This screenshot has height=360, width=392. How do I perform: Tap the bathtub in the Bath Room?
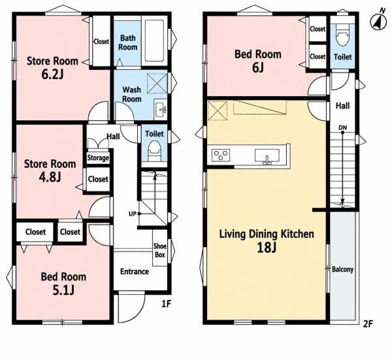(154, 41)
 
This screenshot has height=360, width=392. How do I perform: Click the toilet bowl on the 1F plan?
(154, 151)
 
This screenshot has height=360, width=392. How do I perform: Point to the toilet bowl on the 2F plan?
(343, 35)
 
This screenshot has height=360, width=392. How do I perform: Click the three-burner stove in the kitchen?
(221, 155)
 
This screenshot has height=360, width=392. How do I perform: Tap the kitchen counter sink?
(267, 155)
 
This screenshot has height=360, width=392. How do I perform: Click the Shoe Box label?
(160, 250)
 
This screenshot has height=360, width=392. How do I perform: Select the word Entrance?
(135, 272)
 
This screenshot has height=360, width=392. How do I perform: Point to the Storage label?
(98, 158)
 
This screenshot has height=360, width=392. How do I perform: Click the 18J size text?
(267, 248)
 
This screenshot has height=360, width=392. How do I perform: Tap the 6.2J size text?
(52, 74)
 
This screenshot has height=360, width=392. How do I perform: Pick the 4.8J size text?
(50, 177)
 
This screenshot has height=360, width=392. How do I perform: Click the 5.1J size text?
(63, 290)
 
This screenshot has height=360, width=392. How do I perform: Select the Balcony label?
(342, 269)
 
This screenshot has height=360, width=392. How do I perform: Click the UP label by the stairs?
(132, 214)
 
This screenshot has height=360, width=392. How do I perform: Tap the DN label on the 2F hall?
(343, 128)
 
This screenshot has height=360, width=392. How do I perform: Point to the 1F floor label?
(166, 304)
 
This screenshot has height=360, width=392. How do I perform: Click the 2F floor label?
(368, 324)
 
